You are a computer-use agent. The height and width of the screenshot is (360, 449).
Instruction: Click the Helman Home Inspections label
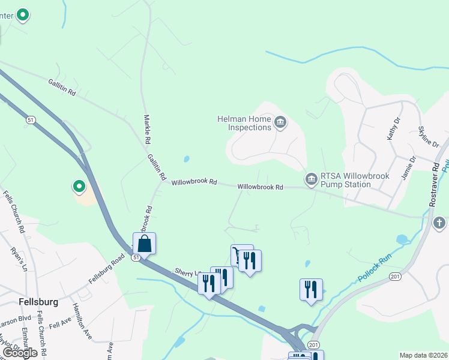point(244,123)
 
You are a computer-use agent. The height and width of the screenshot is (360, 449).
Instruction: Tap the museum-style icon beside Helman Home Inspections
point(280,124)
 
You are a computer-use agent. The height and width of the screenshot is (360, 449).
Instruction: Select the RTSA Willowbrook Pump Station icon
point(311,179)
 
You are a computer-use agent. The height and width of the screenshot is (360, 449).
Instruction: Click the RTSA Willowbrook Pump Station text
point(354,180)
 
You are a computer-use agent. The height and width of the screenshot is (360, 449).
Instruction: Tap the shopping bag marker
point(144,244)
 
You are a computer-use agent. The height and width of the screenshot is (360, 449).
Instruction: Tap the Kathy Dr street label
point(393,128)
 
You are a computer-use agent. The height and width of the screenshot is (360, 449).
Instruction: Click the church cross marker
point(439,224)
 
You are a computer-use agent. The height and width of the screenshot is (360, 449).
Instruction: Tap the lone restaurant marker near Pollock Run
point(311,290)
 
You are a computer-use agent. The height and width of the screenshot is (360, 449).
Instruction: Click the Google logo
point(20,353)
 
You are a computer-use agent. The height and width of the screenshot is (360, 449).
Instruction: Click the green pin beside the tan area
point(79,187)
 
